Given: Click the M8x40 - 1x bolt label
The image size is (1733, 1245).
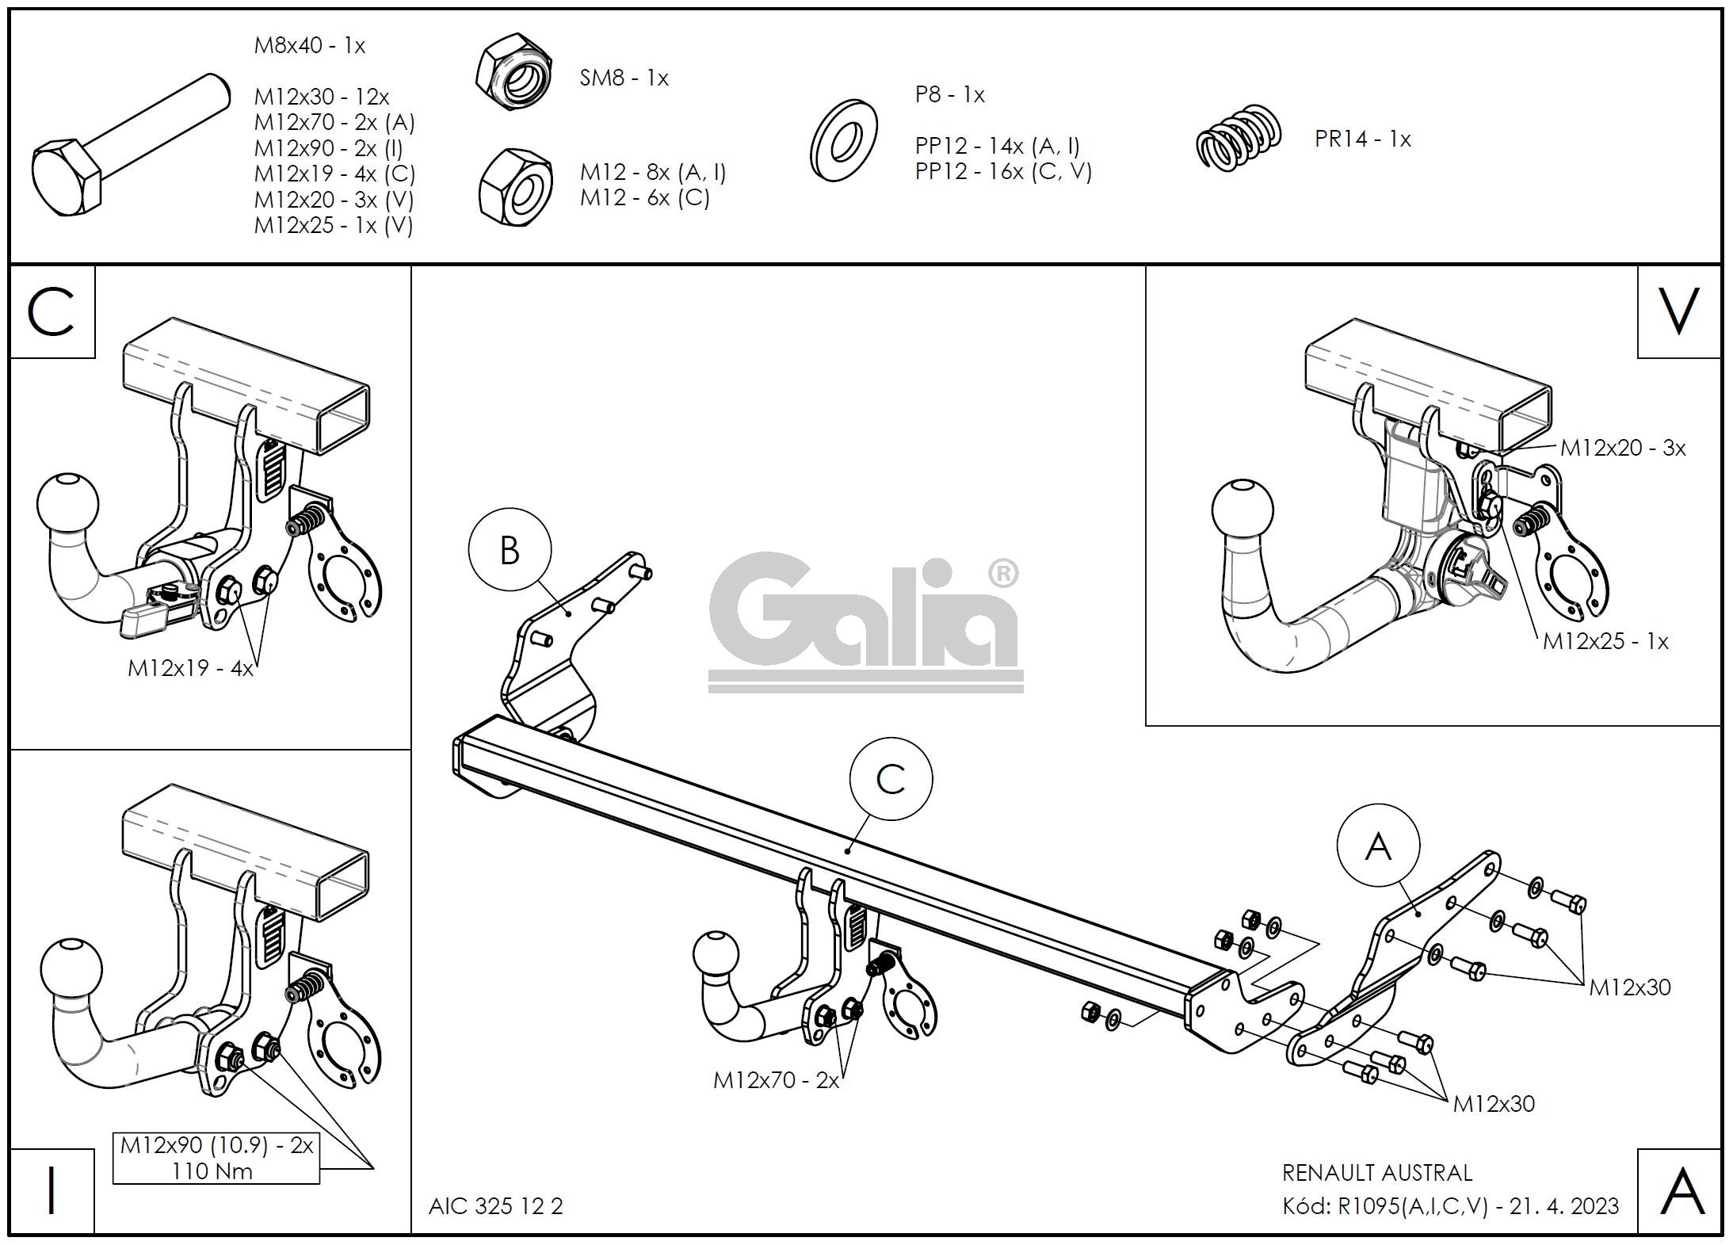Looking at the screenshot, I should point(309,46).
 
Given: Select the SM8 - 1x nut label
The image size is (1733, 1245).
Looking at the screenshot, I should point(624,78).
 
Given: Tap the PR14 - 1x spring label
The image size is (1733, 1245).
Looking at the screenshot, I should point(1362,139).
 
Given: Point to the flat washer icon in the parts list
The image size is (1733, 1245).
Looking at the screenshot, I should point(842,141).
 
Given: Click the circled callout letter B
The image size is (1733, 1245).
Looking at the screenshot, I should point(510,550).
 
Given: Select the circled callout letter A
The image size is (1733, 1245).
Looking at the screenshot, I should point(1378,847).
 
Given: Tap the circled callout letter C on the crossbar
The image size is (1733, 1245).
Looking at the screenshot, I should point(890,780).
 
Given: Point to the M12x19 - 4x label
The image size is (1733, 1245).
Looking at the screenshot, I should point(190,669).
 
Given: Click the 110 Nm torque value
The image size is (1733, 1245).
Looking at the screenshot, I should point(212,1171).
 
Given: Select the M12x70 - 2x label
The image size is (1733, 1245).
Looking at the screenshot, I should point(776,1080).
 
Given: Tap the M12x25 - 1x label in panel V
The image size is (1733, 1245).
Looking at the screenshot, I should point(1605,641).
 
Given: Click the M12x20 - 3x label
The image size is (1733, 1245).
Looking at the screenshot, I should point(1622,448).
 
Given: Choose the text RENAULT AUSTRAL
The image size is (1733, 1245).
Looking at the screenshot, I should point(1376,1173).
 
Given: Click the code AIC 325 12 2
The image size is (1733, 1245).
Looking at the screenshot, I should point(495,1206).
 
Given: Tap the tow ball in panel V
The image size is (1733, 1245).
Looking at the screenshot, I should point(1242,509).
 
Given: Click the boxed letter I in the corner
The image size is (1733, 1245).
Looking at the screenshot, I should point(52,1191).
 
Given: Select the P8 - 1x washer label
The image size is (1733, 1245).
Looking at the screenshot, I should point(949,95).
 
